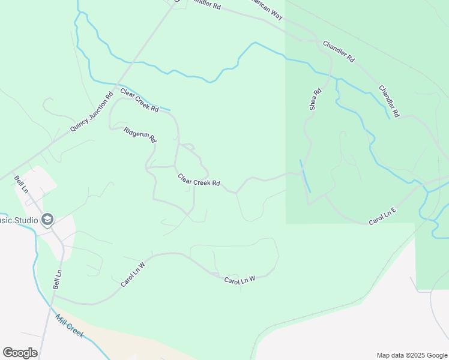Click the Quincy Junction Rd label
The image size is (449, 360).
click(92, 112)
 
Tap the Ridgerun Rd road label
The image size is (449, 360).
click(140, 135)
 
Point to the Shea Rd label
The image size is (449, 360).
click(316, 100)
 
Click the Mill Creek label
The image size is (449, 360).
click(70, 326)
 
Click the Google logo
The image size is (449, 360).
click(20, 353)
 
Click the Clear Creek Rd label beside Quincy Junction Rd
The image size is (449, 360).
click(139, 100)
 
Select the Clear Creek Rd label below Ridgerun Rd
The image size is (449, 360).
click(199, 180)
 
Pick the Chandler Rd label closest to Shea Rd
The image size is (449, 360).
click(339, 52)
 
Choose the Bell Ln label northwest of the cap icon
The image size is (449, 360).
click(21, 184)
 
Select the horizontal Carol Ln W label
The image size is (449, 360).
click(240, 280)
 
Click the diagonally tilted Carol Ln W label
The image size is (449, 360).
click(133, 274)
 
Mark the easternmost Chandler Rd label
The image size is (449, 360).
click(389, 101)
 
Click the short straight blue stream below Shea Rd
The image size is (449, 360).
click(305, 176)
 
